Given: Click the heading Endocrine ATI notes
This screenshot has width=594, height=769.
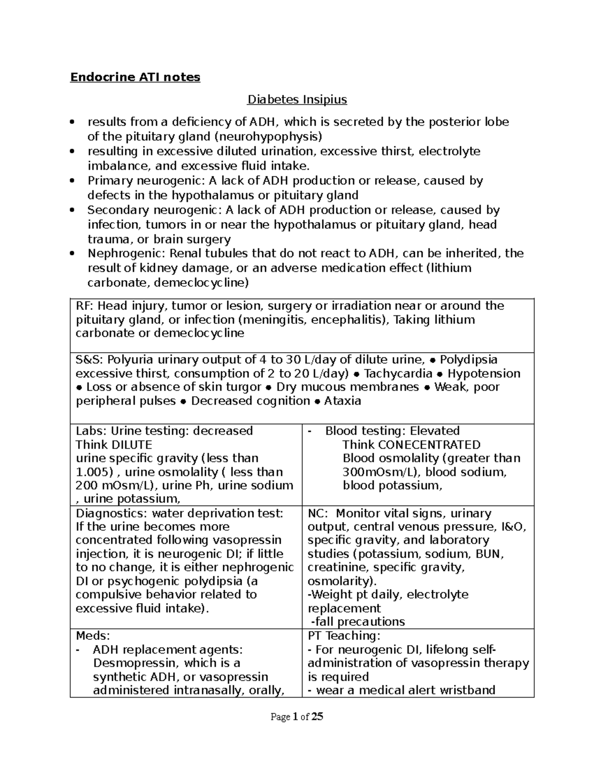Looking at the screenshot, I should coord(135,77).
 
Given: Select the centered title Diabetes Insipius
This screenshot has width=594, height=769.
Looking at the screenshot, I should coord(297,100).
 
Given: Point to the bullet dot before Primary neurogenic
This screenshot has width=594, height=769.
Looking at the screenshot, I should coord(73,181).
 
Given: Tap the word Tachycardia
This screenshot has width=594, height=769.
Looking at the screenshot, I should coord(398,374).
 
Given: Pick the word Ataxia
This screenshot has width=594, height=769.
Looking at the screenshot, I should coord(342,401).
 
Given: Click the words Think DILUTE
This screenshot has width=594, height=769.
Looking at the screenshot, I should coord(113,445).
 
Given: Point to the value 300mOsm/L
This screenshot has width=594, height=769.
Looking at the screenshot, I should coord(379,472).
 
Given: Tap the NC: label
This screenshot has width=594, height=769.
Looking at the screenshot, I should coord(317,513).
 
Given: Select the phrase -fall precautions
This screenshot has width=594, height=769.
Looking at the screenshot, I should coord(357,622).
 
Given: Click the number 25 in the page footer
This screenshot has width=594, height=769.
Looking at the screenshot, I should coord(317,717).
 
